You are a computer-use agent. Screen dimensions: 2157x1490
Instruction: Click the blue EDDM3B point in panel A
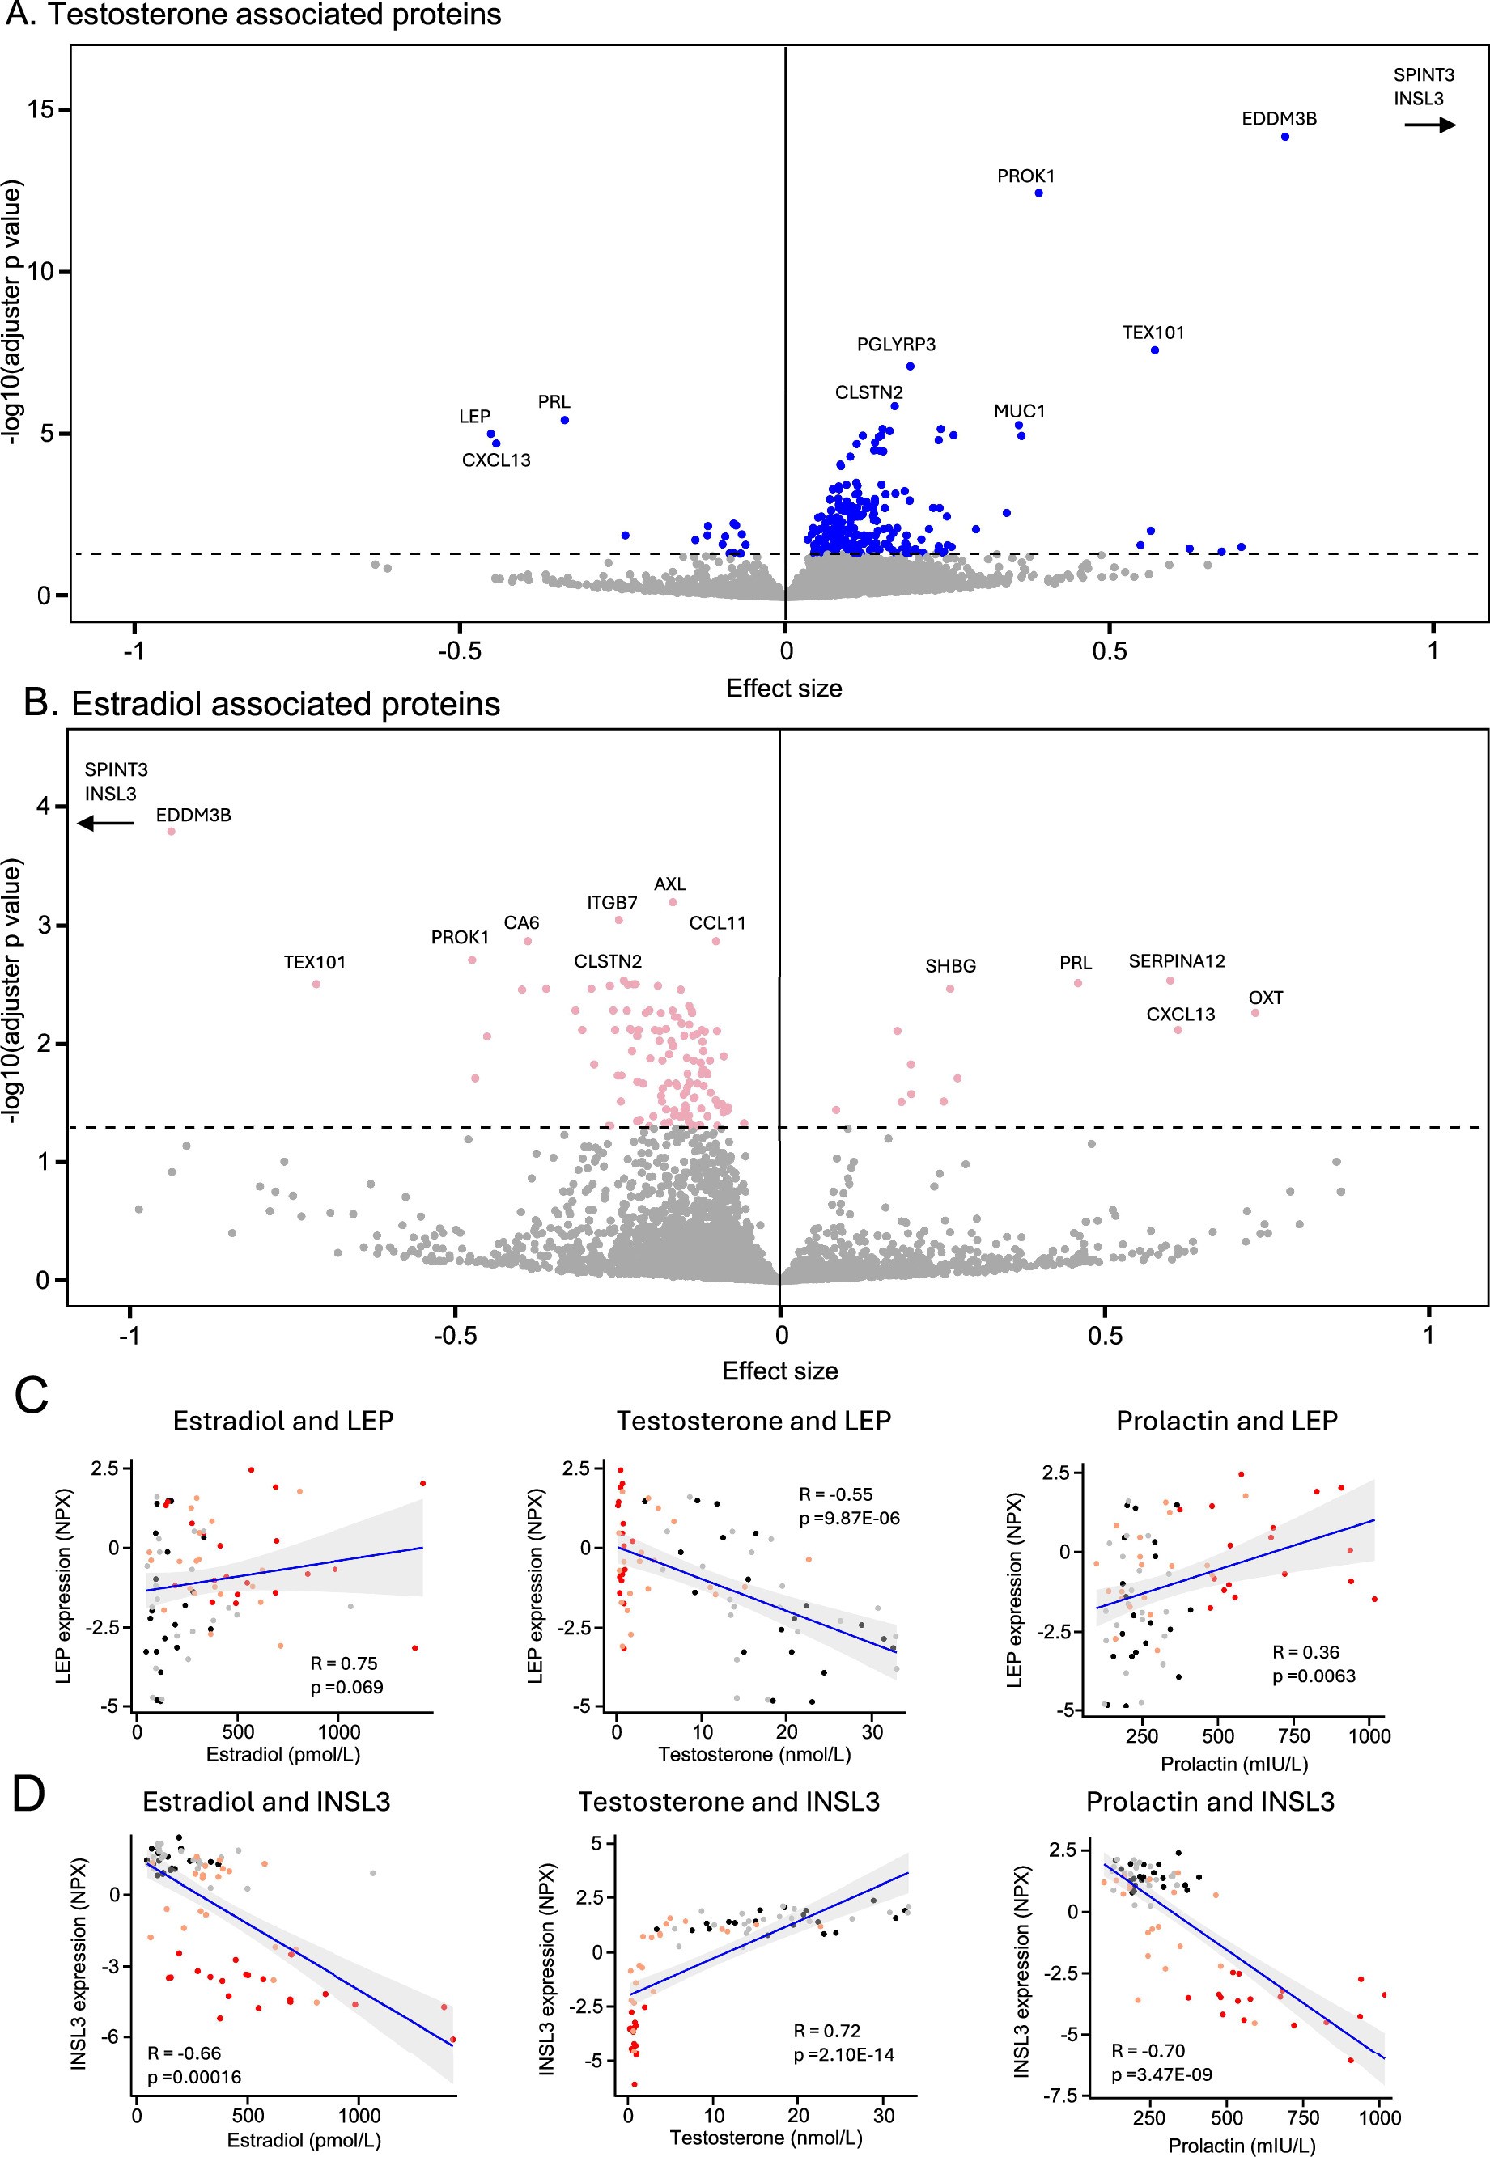1284,136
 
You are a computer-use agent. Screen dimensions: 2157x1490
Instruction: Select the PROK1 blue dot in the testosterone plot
1038,193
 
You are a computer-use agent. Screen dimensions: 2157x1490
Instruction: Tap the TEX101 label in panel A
1153,333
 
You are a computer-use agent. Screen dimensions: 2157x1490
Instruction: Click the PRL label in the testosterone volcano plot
554,402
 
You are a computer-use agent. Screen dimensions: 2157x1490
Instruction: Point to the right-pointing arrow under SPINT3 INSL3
1430,125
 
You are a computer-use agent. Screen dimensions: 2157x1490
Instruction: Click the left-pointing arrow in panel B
104,823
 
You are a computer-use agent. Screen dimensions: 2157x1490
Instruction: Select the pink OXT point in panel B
1254,1013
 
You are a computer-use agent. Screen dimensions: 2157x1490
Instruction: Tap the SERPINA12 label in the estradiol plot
1176,961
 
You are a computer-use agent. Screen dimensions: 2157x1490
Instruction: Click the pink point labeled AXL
673,901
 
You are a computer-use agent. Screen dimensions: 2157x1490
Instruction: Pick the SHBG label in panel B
950,966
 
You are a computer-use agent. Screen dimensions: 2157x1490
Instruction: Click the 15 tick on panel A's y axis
41,110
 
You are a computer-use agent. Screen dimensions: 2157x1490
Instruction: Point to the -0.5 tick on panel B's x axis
455,1336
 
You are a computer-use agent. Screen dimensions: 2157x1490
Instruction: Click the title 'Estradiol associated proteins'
285,704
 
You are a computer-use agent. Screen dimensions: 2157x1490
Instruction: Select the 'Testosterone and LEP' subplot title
753,1421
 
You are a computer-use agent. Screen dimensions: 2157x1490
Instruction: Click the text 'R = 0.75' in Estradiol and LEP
343,1663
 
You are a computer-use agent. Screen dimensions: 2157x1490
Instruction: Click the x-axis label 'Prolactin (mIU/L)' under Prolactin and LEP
1233,1764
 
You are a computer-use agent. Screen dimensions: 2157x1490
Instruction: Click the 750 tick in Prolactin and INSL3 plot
1303,2118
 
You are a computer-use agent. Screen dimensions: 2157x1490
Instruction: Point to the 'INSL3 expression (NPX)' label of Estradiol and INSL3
80,1964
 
